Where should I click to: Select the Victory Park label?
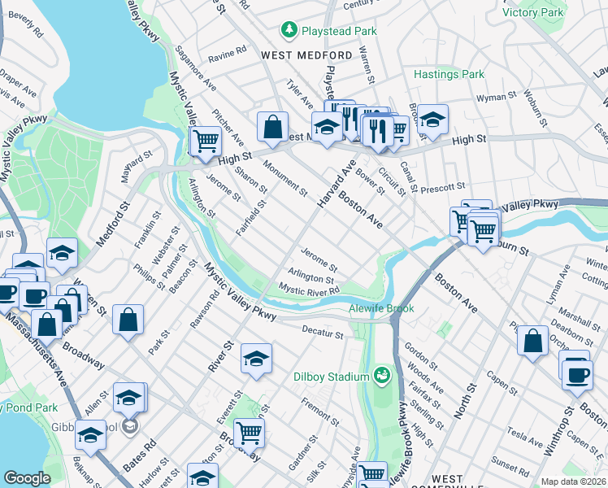(556, 12)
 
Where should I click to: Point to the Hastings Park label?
(449, 74)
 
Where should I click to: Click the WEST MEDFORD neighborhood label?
(306, 55)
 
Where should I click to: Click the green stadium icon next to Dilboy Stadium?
(380, 375)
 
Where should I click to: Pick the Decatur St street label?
(323, 333)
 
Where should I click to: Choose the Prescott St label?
(443, 186)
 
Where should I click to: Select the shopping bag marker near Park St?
(128, 319)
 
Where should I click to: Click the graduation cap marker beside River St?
(256, 359)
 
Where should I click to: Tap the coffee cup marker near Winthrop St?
(576, 375)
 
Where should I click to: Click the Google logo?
(27, 478)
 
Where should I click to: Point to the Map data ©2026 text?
(573, 481)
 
